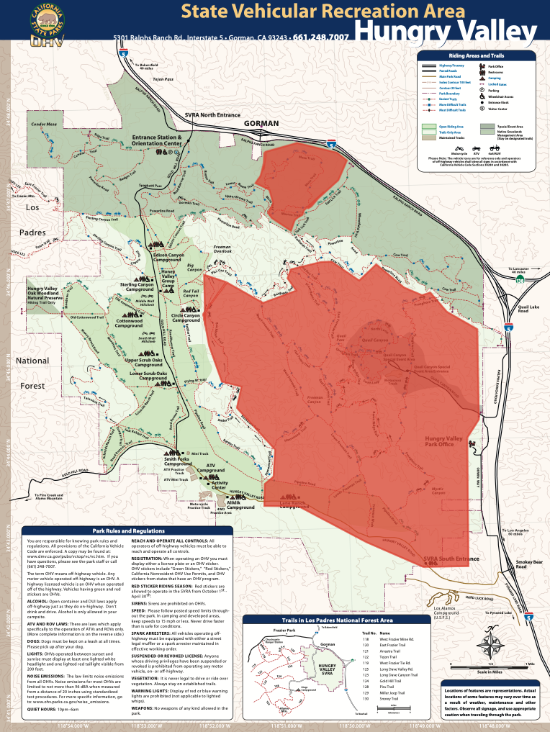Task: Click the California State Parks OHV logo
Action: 46,23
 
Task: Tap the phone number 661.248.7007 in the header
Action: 321,37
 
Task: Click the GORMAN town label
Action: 261,124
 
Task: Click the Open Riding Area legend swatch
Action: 429,126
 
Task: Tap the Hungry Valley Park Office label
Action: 444,440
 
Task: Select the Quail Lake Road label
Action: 533,309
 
